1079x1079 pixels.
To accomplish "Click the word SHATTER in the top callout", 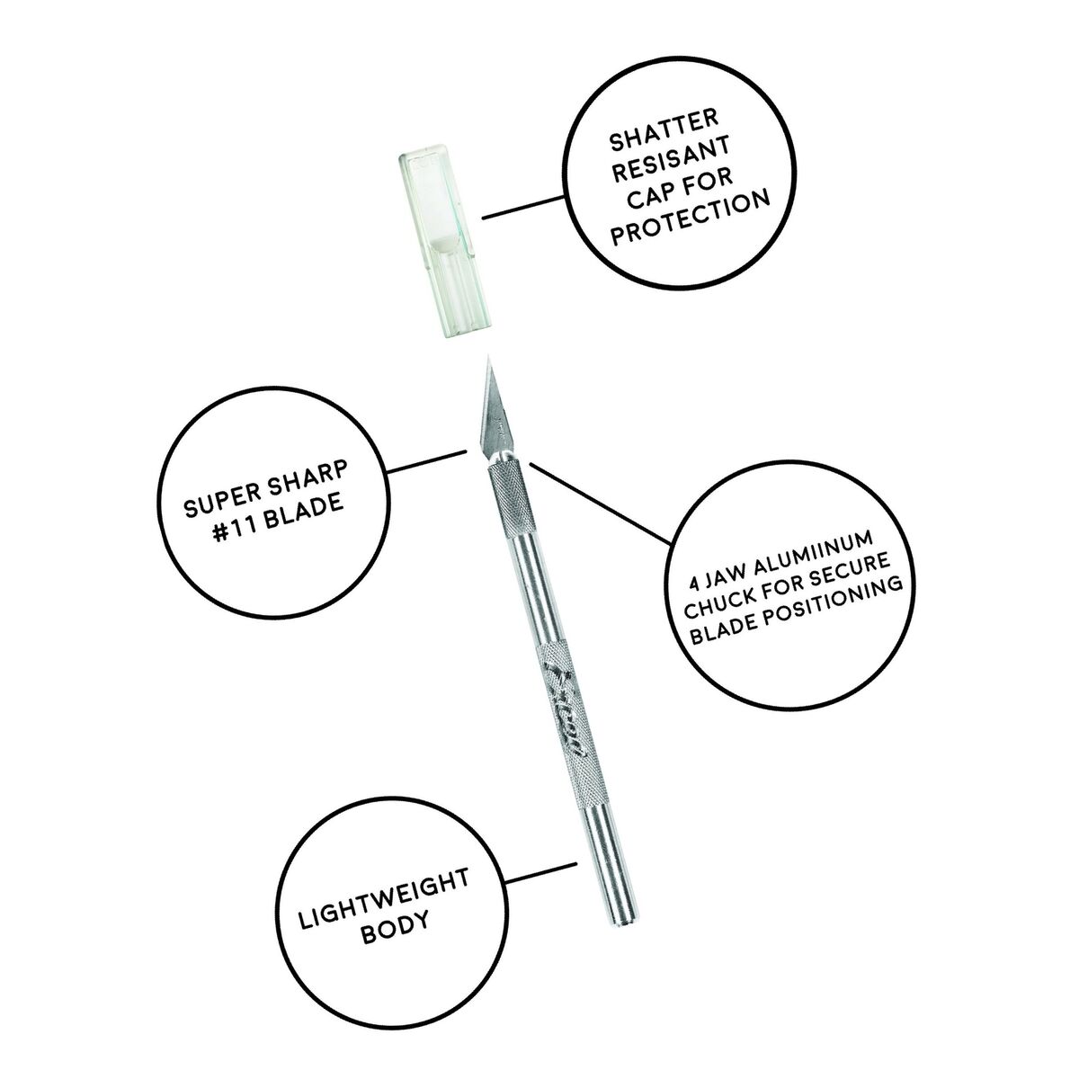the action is point(664,131).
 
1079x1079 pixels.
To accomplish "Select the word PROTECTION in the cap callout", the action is point(691,218).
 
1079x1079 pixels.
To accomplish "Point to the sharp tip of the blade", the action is point(488,356).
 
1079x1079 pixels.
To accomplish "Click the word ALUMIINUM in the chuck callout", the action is point(814,557).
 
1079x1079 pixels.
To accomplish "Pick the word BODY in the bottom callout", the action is point(396,935).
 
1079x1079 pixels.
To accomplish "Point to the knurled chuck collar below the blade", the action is point(506,487).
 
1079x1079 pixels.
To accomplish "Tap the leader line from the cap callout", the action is point(523,206).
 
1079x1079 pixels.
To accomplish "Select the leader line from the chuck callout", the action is point(600,503).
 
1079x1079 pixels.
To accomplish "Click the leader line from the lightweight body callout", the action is point(540,875).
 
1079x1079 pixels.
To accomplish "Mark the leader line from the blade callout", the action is point(427,461).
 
